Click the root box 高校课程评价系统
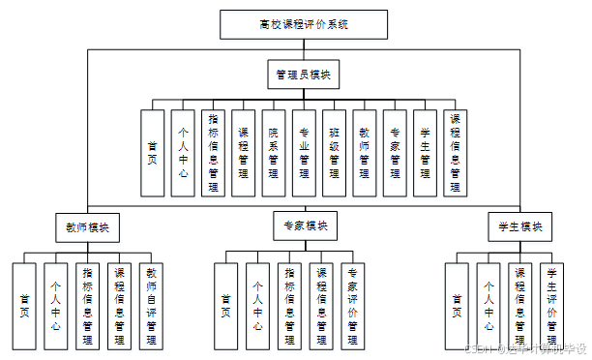(304, 24)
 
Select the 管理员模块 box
(304, 74)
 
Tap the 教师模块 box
(87, 227)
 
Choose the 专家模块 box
(304, 226)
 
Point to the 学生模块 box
(519, 227)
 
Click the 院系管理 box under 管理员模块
(274, 153)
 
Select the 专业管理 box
(304, 153)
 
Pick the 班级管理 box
(334, 153)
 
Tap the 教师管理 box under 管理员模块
(364, 153)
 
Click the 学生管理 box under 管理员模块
(425, 153)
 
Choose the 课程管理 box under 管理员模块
(244, 153)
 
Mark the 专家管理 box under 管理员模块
(394, 153)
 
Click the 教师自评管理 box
(150, 306)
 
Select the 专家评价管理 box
(352, 306)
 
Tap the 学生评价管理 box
(551, 306)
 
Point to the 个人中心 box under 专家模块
(257, 306)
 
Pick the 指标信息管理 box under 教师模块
(87, 306)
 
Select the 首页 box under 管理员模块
(153, 153)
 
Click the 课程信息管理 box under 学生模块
(519, 306)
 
